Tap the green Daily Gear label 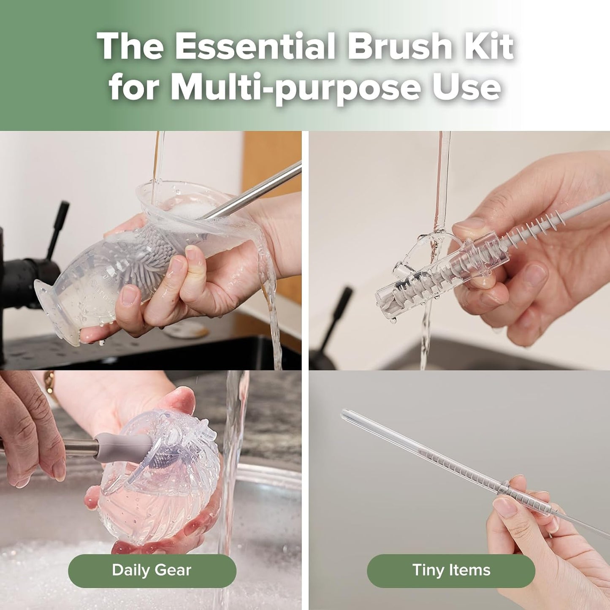152,570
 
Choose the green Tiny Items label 451,570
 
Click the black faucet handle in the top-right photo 338,312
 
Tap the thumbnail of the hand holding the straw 504,505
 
